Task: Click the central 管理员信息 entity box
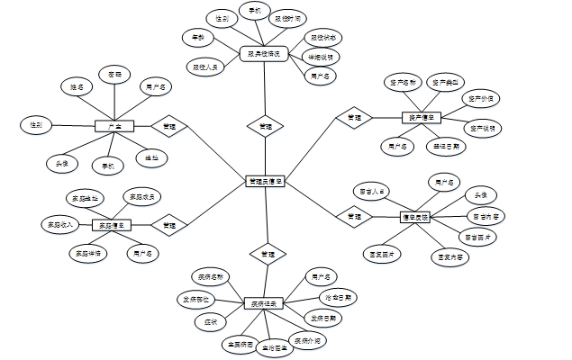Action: [x=266, y=182]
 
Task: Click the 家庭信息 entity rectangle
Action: [x=112, y=225]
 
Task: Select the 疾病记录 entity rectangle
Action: [x=265, y=302]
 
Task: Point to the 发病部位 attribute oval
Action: [x=195, y=299]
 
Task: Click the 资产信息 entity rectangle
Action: [x=421, y=117]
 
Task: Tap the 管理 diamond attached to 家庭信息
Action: [x=169, y=224]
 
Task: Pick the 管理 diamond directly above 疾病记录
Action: [x=267, y=255]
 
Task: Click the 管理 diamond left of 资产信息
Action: [x=354, y=117]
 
